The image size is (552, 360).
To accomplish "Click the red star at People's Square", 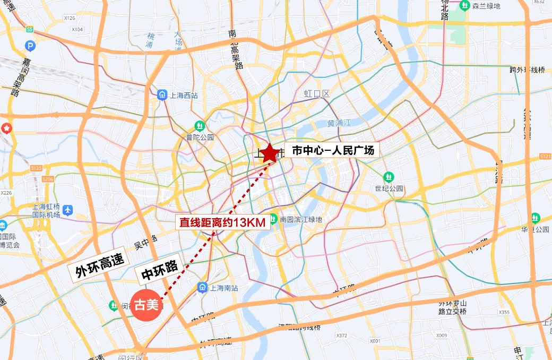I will point(269,152).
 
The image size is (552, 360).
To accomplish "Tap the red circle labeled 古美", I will point(146,306).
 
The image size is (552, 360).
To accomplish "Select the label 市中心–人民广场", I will point(333,151).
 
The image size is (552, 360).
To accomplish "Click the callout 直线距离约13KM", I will point(222,223).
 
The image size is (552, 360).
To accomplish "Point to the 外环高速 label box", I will point(96,265).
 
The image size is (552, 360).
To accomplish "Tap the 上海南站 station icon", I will point(202,287).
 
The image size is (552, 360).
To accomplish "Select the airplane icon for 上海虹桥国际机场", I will point(67,210).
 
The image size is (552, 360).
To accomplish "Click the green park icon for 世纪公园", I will point(389,177).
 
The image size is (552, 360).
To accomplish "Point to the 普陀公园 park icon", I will point(200,126).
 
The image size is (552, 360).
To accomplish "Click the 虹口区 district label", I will point(317,94).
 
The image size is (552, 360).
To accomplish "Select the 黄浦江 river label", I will point(339,124).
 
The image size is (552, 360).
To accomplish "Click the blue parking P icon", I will point(30,46).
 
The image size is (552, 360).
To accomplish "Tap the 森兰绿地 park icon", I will point(465,6).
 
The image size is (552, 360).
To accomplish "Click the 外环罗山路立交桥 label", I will point(452,307).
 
